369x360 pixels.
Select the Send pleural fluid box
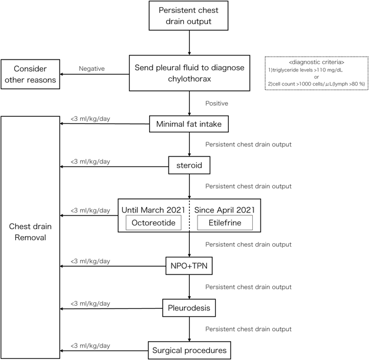pyautogui.click(x=189, y=73)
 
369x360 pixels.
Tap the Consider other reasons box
pyautogui.click(x=29, y=74)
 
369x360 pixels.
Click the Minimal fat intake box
pyautogui.click(x=189, y=125)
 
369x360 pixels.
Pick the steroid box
pyautogui.click(x=189, y=165)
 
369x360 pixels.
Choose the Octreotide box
pyautogui.click(x=155, y=223)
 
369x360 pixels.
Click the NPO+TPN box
pyautogui.click(x=189, y=266)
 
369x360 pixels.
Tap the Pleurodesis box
pyautogui.click(x=189, y=307)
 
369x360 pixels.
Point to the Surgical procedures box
pyautogui.click(x=189, y=349)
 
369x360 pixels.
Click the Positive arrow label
pyautogui.click(x=216, y=103)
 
